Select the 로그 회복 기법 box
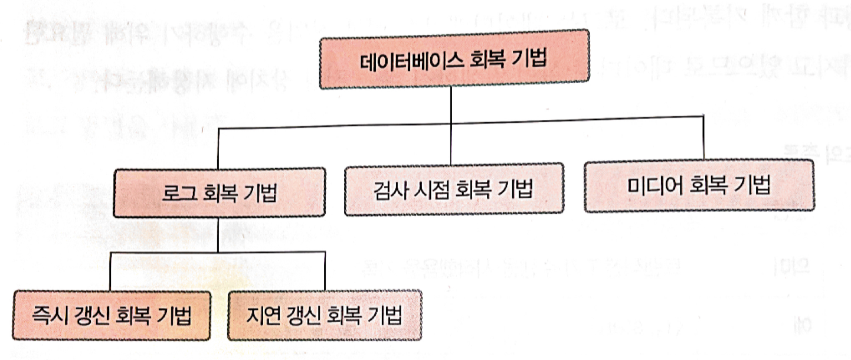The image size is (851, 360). [x=219, y=192]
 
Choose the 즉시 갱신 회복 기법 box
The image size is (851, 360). [x=112, y=316]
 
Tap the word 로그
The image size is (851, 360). [x=175, y=193]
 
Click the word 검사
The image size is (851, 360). [x=388, y=189]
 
